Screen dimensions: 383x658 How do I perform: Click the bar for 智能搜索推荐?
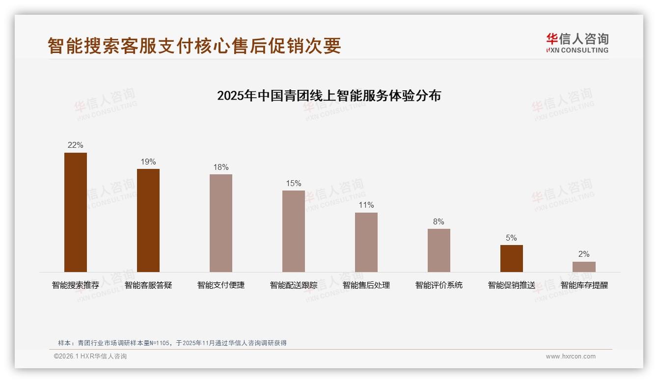click(76, 212)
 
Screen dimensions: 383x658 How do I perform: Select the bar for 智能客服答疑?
click(148, 220)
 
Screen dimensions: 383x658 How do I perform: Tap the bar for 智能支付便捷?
click(221, 223)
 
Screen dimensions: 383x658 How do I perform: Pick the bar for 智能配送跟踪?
click(294, 231)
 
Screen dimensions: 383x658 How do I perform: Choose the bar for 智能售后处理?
click(366, 242)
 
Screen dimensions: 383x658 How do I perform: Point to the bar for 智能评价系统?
click(439, 250)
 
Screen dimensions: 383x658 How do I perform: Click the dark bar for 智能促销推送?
click(512, 258)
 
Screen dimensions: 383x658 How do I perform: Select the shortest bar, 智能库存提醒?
click(584, 267)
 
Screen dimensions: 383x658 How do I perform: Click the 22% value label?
click(76, 145)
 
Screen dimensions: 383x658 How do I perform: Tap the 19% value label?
click(148, 162)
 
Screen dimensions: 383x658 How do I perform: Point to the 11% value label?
click(366, 205)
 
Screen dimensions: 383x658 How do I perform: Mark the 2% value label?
click(584, 254)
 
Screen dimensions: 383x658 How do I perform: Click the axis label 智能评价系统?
click(439, 285)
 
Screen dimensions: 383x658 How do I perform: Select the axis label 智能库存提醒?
click(584, 285)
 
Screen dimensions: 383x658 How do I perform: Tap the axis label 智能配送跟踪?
click(294, 285)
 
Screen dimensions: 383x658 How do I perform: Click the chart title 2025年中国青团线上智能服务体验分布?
click(329, 95)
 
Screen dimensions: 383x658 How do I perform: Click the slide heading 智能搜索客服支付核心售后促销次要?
click(194, 46)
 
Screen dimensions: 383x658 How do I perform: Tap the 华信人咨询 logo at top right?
click(577, 43)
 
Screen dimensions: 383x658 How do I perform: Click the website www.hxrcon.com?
click(571, 356)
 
